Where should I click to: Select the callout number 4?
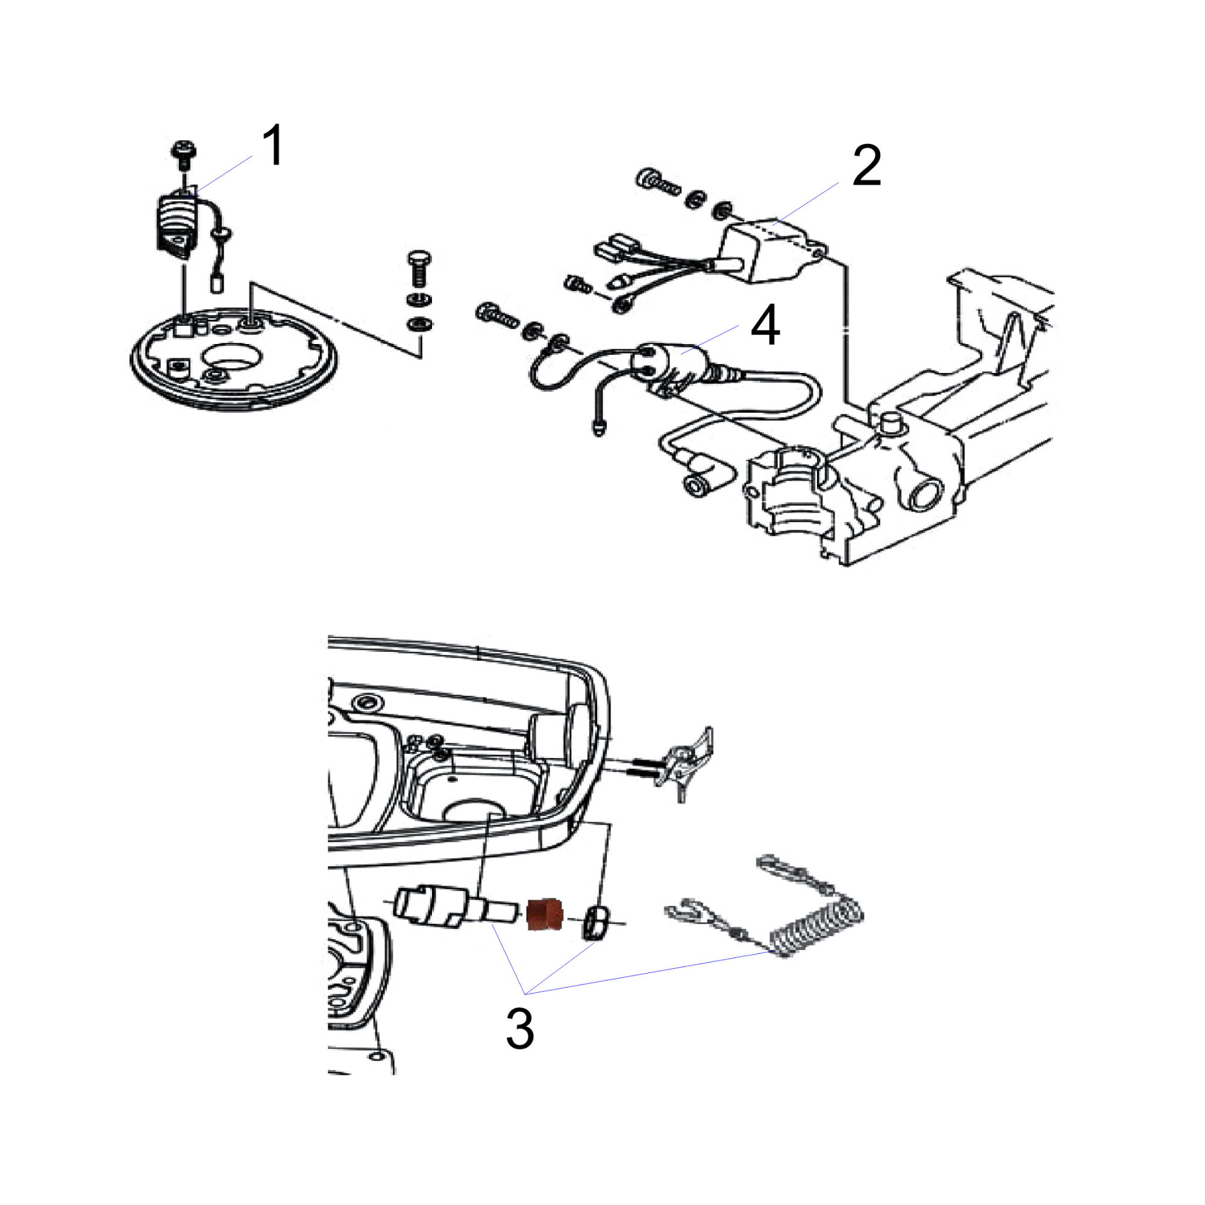tap(765, 325)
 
